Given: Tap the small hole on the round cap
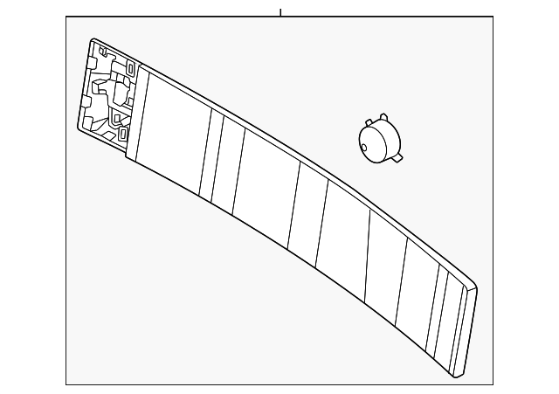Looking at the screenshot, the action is pos(364,148).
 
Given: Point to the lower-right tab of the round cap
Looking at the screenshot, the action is pos(399,159).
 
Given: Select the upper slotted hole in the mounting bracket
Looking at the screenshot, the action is pos(130,69).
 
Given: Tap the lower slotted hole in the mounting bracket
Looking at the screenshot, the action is pos(123,135).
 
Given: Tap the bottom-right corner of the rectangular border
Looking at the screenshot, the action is pos(494,384).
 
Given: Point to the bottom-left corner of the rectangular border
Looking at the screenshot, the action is pos(66,384).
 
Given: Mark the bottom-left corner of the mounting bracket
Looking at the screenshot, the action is pos(81,128).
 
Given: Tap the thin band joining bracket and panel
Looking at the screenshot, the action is pos(133,114).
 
